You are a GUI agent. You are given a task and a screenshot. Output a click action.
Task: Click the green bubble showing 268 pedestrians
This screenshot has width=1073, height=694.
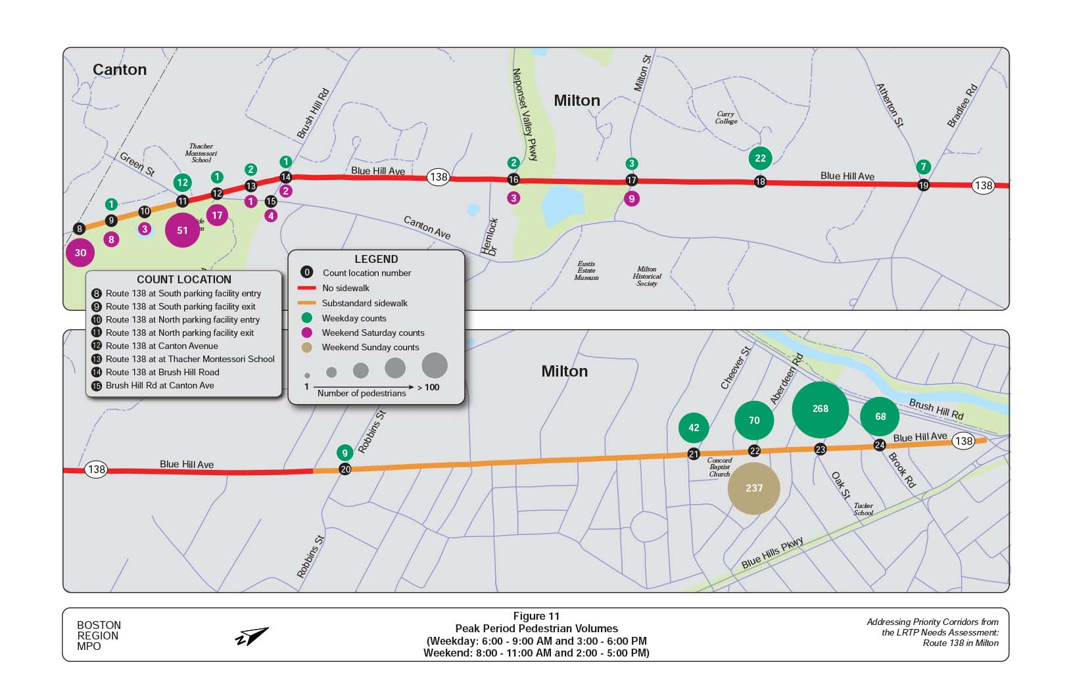(820, 409)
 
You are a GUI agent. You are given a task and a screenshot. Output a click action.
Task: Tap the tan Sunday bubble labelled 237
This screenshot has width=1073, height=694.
(754, 488)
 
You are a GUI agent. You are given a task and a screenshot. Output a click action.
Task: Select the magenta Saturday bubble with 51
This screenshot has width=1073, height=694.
(182, 230)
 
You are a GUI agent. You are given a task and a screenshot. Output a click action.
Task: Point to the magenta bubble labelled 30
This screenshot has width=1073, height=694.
(80, 252)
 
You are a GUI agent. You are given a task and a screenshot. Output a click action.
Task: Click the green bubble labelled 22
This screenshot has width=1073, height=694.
(760, 158)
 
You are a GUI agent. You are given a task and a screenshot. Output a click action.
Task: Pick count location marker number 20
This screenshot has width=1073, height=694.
(345, 469)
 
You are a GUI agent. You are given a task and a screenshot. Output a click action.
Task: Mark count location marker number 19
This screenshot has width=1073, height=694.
(923, 185)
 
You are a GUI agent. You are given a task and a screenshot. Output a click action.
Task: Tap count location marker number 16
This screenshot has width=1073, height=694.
(513, 179)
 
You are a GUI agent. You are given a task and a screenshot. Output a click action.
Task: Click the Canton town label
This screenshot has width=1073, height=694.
(120, 70)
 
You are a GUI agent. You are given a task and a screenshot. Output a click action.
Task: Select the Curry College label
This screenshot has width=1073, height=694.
(726, 118)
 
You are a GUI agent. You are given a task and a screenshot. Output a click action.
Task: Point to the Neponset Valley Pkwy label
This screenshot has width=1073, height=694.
(525, 114)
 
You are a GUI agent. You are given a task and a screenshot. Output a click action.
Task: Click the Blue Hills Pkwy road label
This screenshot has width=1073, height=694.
(772, 553)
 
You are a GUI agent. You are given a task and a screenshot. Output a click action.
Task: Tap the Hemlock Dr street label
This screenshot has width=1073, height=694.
(490, 237)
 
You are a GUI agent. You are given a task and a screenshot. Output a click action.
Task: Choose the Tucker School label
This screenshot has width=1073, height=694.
(863, 509)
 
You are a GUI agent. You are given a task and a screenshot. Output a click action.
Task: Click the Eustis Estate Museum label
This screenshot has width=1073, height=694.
(586, 271)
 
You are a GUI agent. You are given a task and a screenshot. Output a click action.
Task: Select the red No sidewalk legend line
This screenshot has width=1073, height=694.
(306, 288)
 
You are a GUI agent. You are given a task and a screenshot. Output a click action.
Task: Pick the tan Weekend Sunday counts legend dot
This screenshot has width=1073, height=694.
(306, 348)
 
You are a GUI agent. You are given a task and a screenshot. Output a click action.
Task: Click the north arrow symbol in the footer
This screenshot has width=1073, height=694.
(252, 636)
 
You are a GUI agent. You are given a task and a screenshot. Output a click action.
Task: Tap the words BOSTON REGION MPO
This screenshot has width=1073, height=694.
(99, 636)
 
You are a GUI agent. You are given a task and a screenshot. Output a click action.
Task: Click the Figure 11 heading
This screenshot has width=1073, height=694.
(536, 616)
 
